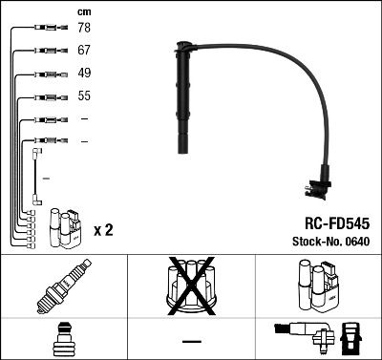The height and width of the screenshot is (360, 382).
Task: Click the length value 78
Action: (84, 29)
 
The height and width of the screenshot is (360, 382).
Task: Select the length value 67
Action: (84, 50)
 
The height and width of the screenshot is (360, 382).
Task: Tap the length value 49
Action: (84, 74)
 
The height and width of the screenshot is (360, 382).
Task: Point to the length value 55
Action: (84, 96)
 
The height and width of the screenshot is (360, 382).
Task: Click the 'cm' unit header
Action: (83, 11)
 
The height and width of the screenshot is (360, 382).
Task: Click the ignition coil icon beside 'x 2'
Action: (65, 227)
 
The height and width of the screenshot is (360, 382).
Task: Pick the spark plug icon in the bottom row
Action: (63, 287)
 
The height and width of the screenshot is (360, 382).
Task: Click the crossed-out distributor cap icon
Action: (191, 287)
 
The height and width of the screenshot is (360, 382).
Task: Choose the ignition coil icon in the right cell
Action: (318, 287)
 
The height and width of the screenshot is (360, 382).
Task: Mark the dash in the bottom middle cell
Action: (191, 341)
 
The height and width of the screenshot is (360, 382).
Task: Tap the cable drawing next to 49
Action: (45, 74)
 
